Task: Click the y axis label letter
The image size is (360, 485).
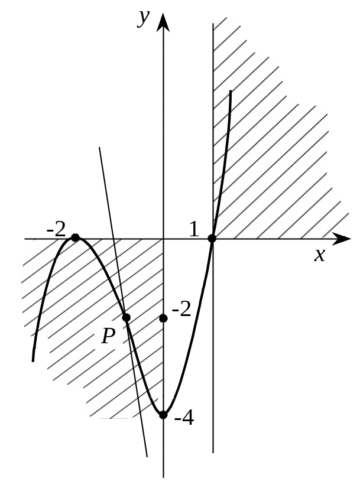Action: (x=144, y=18)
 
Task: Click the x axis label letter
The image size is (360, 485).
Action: (x=320, y=255)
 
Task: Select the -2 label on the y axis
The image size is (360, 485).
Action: (x=181, y=309)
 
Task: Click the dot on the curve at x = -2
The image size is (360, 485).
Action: (x=75, y=237)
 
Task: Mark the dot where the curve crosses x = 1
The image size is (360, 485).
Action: (x=212, y=238)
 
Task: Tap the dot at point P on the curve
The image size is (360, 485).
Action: (x=126, y=318)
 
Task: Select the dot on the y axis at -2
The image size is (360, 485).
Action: (x=164, y=318)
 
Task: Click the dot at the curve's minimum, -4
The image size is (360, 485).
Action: (x=164, y=415)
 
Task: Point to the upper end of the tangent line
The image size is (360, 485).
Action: (x=100, y=147)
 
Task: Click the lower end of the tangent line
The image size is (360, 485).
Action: (x=147, y=457)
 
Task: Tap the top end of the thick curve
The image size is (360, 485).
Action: (x=230, y=90)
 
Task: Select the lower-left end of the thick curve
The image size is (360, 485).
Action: (x=33, y=360)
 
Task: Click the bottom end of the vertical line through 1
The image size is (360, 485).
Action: (x=213, y=453)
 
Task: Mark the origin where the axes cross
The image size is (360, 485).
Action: (x=164, y=239)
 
